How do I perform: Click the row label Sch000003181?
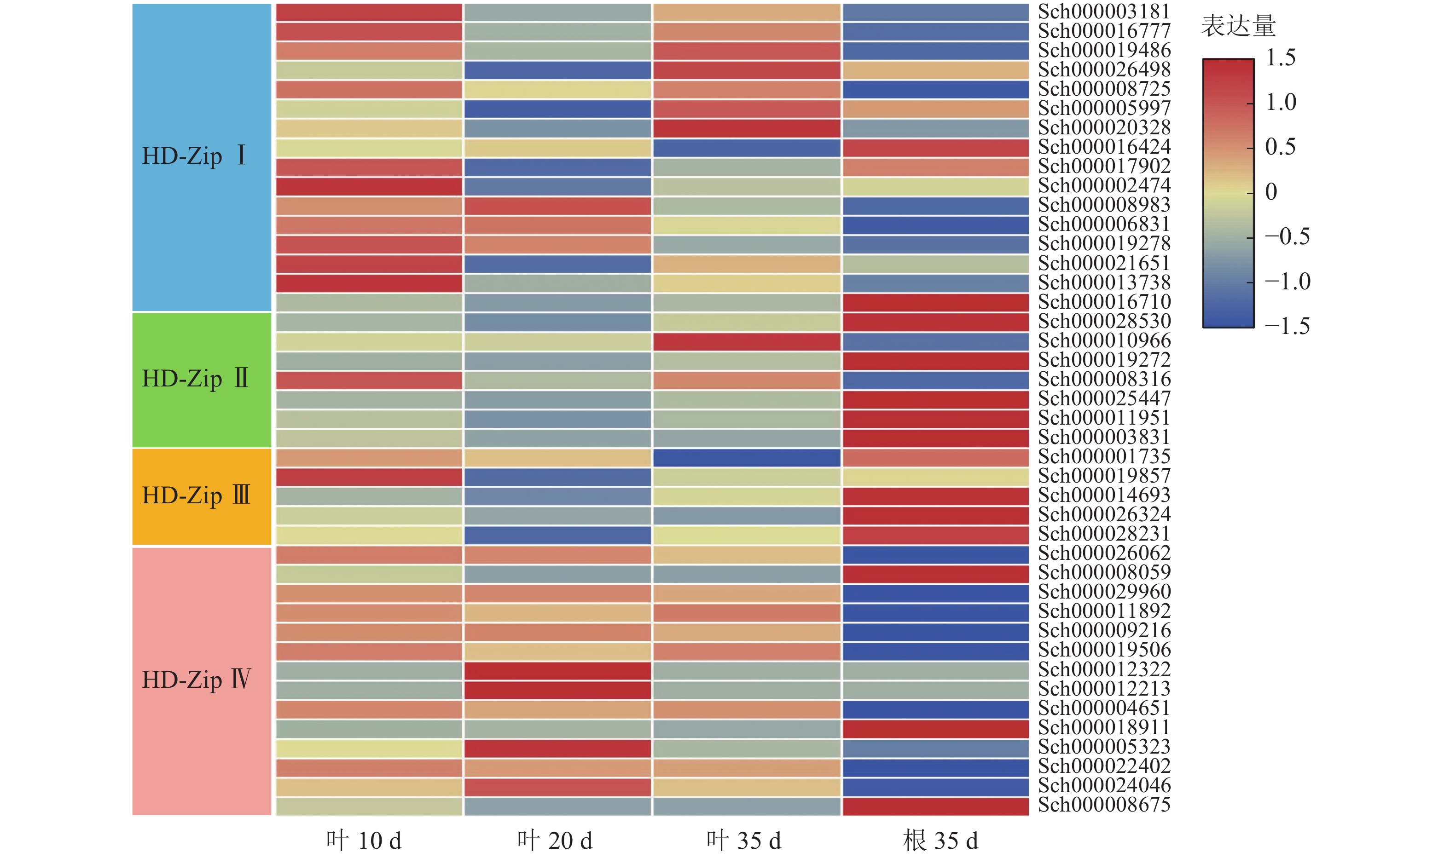(x=1103, y=12)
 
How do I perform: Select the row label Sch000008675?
(x=1103, y=805)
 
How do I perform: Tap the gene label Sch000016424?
(x=1103, y=147)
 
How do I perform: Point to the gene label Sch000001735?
(x=1103, y=457)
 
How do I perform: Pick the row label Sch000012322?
(x=1103, y=669)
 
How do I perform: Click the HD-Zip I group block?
(x=201, y=157)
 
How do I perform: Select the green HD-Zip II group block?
(x=201, y=380)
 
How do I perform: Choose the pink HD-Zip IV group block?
(x=201, y=680)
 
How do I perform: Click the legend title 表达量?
(x=1238, y=26)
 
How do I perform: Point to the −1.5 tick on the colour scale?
(x=1287, y=327)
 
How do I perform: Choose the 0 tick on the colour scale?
(x=1270, y=192)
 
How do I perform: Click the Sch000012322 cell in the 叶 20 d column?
(x=557, y=671)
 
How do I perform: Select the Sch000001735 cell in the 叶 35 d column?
(x=747, y=457)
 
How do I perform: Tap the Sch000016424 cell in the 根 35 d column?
(x=935, y=148)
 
